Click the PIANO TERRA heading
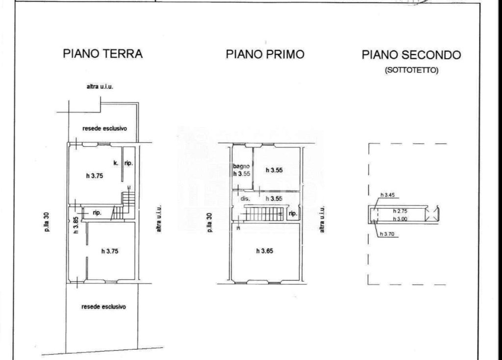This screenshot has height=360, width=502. [x=102, y=53]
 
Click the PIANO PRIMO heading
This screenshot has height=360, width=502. [x=265, y=54]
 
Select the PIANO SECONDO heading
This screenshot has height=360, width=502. [x=411, y=55]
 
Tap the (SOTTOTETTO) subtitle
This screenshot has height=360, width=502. [x=411, y=70]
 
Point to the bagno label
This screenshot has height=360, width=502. [x=241, y=167]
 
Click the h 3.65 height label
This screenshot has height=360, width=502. [x=265, y=251]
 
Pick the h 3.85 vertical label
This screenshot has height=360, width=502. [x=76, y=225]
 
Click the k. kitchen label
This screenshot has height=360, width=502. [x=116, y=163]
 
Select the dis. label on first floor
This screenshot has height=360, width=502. [x=245, y=198]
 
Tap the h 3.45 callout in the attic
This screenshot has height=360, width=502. [x=387, y=195]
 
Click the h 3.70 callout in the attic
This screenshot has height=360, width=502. [x=387, y=234]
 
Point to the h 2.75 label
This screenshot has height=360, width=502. [x=400, y=211]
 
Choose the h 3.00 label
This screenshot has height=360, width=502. [x=400, y=218]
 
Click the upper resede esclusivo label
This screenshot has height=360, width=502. [x=105, y=128]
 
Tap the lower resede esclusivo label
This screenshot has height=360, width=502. [x=104, y=307]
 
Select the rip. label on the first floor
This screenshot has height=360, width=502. [x=293, y=214]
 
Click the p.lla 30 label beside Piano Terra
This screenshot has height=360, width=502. [x=47, y=222]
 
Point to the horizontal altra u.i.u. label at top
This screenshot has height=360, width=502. [x=100, y=86]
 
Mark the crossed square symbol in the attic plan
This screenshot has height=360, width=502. [x=432, y=214]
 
